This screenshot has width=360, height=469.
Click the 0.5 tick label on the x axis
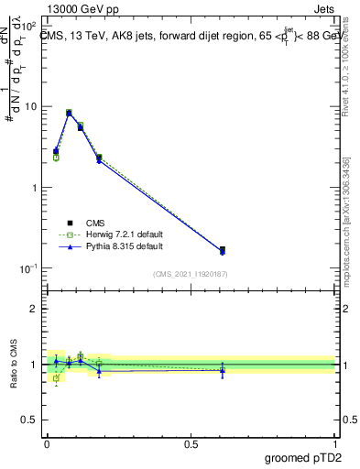pos(191,443)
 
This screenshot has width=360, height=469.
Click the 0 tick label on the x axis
pos(47,443)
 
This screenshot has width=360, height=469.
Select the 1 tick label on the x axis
pos(335,443)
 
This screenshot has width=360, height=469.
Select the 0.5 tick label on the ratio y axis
pos(32,422)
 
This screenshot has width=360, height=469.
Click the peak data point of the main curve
pos(69,113)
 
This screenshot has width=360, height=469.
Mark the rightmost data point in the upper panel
pos(223,250)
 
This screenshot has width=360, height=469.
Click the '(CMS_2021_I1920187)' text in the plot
pos(191,274)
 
